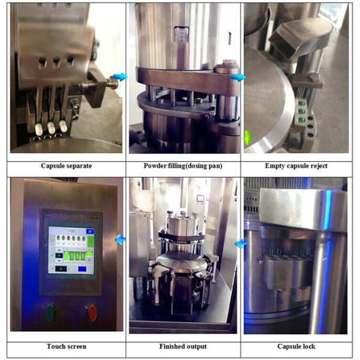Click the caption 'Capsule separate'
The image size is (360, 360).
tap(66, 166)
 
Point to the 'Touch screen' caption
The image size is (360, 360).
tap(66, 346)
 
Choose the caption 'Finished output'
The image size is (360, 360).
tap(184, 346)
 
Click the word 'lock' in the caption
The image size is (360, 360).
tap(307, 346)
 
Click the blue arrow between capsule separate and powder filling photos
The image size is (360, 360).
tap(120, 77)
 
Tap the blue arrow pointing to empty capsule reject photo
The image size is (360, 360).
tap(238, 77)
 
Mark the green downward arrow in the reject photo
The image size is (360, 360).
tap(248, 138)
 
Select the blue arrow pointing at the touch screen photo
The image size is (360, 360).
tap(120, 240)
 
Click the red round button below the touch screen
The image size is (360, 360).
tap(92, 312)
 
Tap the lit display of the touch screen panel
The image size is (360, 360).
tap(71, 251)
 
